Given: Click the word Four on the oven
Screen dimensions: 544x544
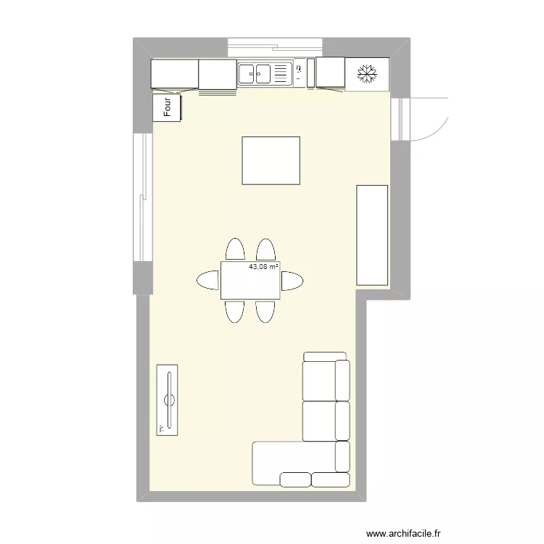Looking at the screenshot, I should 167,108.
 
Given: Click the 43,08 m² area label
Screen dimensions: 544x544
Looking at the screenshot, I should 264,267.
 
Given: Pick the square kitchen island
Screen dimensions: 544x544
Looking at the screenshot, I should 271,160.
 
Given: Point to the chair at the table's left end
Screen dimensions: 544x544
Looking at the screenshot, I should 207,280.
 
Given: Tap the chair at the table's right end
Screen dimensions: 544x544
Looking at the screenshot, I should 292,280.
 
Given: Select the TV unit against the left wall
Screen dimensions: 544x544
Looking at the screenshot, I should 168,400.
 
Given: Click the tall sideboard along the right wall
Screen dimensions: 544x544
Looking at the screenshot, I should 372,234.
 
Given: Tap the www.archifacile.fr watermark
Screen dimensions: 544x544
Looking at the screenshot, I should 403,533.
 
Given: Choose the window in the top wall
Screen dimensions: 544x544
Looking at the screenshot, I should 275,47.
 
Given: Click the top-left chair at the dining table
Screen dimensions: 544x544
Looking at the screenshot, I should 235,249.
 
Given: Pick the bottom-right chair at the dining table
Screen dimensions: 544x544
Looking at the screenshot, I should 265,310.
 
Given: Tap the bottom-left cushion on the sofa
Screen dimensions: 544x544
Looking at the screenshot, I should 294,479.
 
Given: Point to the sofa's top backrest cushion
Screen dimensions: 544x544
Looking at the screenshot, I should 325,355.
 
